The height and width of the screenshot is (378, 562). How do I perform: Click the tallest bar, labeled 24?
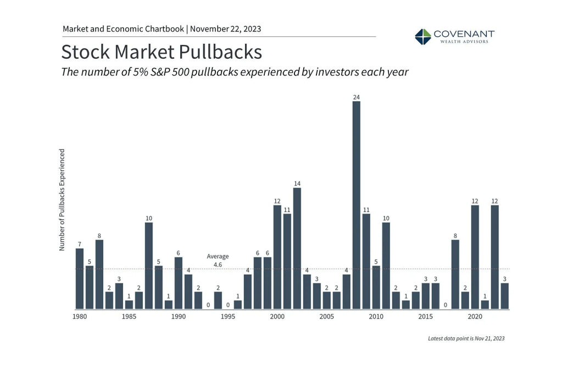pos(356,204)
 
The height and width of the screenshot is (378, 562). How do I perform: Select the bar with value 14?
pos(297,248)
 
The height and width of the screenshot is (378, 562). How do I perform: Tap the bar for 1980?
pos(80,278)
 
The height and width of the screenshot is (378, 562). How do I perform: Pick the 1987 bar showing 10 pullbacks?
pos(148,265)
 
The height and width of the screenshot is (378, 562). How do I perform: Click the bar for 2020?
pos(475,257)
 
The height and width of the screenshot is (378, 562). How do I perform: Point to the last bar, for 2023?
pos(504,296)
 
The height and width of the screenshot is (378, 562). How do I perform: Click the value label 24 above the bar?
pos(356,97)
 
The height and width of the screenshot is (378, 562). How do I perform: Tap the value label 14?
pos(297,184)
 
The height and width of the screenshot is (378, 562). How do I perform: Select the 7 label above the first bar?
pos(80,244)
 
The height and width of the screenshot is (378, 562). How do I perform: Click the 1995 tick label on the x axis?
pos(228,317)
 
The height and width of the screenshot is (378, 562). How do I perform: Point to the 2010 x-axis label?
pos(376,317)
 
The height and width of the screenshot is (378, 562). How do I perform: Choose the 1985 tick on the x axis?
pos(129,317)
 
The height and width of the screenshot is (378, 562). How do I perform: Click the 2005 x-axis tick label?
pos(326,317)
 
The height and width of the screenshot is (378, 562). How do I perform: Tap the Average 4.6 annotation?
pos(218,260)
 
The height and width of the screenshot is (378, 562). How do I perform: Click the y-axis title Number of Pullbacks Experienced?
pos(62,199)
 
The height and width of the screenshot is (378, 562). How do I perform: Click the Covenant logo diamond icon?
pos(422,37)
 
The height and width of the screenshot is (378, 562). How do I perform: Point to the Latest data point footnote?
pos(466,338)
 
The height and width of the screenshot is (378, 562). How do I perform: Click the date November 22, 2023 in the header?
pos(226,29)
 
